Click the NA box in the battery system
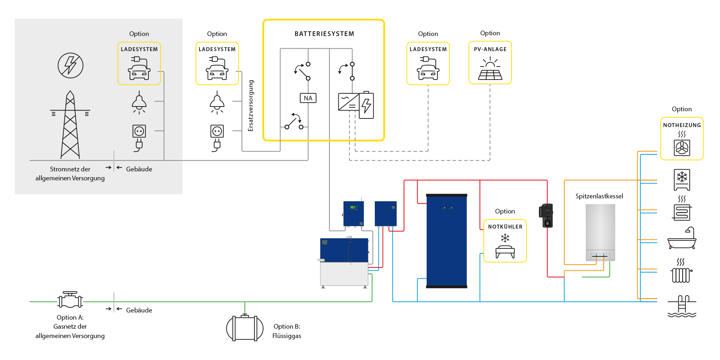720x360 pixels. [x=308, y=98]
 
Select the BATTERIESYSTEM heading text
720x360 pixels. [x=324, y=34]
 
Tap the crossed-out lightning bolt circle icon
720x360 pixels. [x=71, y=66]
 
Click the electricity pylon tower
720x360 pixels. [x=70, y=125]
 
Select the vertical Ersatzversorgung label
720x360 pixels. [x=251, y=105]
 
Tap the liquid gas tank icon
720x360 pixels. [x=245, y=328]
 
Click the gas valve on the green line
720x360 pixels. [x=70, y=300]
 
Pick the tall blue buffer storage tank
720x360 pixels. [x=446, y=241]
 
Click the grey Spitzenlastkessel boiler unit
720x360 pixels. [x=600, y=232]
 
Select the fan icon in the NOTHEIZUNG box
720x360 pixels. [x=682, y=148]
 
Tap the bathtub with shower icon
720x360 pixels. [x=682, y=238]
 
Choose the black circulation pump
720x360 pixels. [x=547, y=216]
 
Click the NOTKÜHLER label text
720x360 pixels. [x=505, y=227]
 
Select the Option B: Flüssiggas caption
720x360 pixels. [x=287, y=331]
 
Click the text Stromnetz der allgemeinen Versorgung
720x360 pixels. [x=70, y=174]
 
